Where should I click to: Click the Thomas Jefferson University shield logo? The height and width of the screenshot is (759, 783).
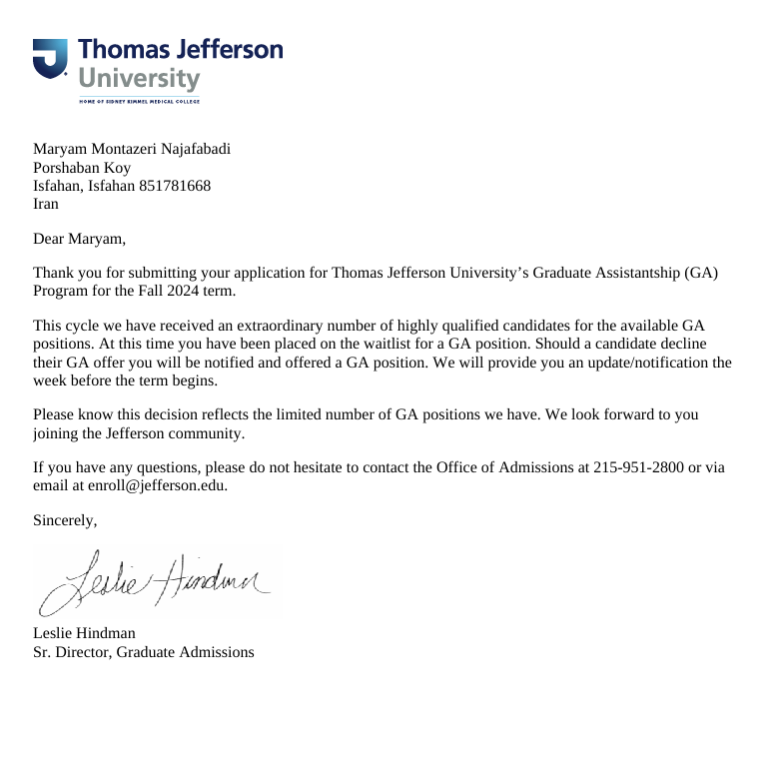50,59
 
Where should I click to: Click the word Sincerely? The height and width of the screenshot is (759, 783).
65,520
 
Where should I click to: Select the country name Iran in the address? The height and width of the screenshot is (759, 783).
46,204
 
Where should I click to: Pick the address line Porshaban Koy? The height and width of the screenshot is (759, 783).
82,168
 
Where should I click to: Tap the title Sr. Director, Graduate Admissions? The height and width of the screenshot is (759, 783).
144,652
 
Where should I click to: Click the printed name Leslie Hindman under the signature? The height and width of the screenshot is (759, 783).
84,633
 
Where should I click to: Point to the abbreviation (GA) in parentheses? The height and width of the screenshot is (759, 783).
700,273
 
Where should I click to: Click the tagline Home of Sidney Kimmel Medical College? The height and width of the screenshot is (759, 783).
139,101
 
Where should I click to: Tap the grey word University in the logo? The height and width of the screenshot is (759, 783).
139,79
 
